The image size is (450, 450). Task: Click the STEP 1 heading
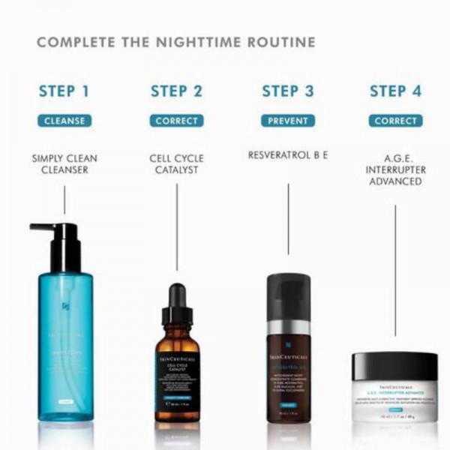coord(64,92)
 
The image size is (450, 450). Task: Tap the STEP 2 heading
coord(176,92)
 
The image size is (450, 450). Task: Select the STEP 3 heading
coord(288,92)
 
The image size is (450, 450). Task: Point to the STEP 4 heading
coord(395,92)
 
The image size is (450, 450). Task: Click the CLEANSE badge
coord(64,121)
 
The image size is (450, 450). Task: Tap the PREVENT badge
coord(288,121)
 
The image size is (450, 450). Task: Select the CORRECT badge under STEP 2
coord(176,121)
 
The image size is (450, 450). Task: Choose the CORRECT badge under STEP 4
coord(395,121)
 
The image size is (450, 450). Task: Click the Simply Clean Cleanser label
coord(64,164)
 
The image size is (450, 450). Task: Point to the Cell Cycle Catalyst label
coord(176,164)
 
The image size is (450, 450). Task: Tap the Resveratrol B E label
coord(288,155)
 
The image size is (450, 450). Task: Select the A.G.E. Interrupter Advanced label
coord(395,170)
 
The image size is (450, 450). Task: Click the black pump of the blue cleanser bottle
coord(63,244)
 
